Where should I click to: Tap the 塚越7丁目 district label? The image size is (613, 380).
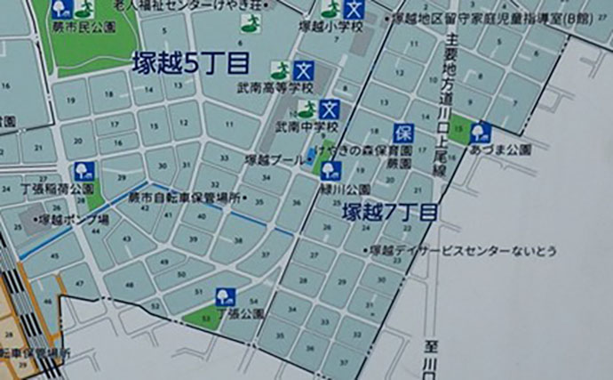click(390, 214)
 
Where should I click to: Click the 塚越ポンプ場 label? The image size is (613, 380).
click(75, 218)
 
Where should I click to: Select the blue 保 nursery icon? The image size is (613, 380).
click(403, 133)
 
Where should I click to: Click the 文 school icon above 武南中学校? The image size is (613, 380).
click(330, 110)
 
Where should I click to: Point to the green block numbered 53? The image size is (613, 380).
click(207, 318)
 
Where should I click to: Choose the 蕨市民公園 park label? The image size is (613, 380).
click(92, 27)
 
